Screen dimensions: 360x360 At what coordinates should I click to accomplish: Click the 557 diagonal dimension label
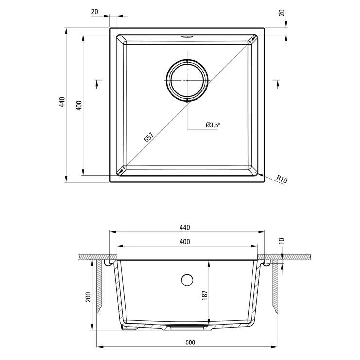tap(148, 137)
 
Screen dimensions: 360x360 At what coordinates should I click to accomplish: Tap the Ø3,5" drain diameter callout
tap(213, 125)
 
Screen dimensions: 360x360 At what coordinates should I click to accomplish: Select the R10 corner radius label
tap(282, 179)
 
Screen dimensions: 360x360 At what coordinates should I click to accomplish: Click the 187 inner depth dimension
tap(205, 295)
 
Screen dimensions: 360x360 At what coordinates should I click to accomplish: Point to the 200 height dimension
tap(89, 297)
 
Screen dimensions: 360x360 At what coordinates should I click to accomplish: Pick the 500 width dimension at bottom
tap(190, 342)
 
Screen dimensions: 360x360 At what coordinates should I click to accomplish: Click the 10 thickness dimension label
tap(282, 241)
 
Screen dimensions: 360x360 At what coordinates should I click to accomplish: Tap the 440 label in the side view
tap(185, 227)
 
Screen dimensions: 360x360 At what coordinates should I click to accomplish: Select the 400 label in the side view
tap(185, 242)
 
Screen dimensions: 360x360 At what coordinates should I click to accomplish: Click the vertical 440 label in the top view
tap(62, 102)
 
